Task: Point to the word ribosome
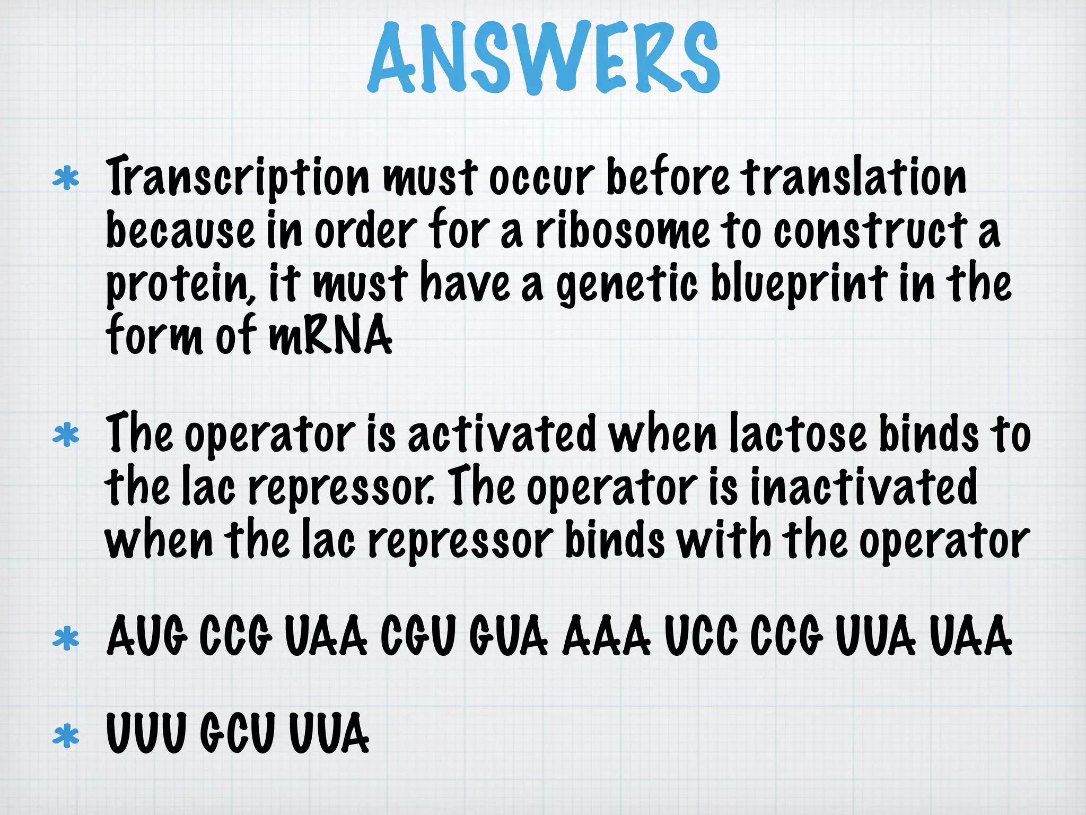click(622, 231)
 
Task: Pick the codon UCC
click(700, 636)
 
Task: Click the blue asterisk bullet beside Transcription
click(66, 179)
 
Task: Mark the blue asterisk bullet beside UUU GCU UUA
click(66, 736)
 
